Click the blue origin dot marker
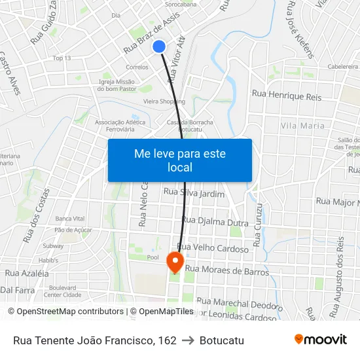pos(159,46)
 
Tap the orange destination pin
pos(175,262)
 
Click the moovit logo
pos(320,339)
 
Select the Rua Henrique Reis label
pos(287,96)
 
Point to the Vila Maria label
pos(302,125)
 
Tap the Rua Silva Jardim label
pos(194,193)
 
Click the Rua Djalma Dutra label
pos(215,221)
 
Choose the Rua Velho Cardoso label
pos(213,249)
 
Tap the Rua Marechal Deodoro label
pos(239,304)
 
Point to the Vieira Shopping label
pos(164,101)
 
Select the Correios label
pos(137,67)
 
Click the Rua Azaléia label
pos(27,272)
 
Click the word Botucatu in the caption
pos(222,340)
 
